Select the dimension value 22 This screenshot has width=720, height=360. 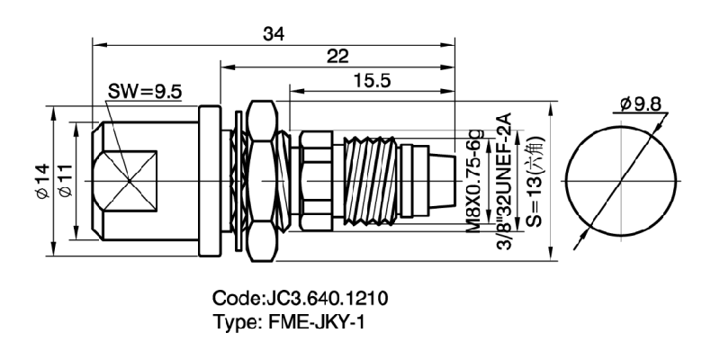click(x=338, y=56)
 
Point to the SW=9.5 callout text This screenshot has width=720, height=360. click(x=145, y=92)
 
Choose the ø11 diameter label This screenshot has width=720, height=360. click(x=65, y=180)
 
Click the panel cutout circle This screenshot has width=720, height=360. click(x=621, y=180)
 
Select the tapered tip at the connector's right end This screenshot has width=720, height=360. click(x=441, y=180)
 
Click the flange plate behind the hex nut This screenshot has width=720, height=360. click(x=208, y=180)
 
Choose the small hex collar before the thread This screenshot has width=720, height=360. click(x=315, y=180)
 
